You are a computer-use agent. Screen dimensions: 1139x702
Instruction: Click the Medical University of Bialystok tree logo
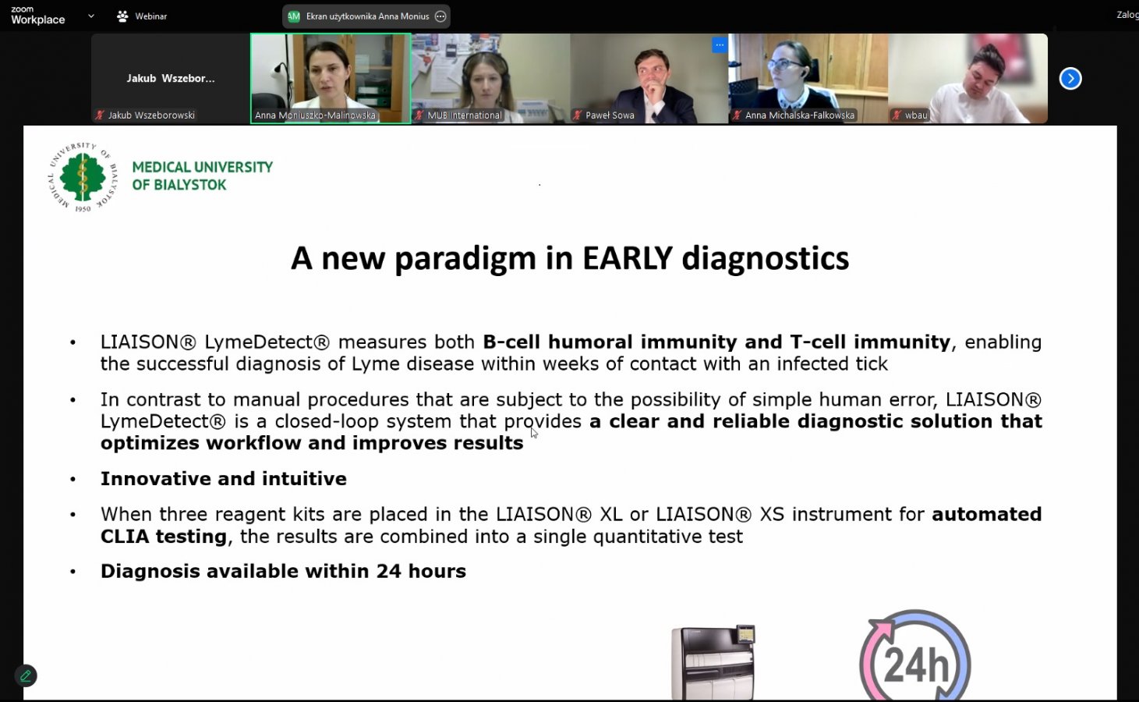pos(83,177)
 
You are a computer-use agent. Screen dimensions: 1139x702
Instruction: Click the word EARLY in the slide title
pos(628,258)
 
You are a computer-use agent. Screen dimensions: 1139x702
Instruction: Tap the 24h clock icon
pos(915,656)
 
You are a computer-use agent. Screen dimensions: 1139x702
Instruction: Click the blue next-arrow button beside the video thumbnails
pos(1070,78)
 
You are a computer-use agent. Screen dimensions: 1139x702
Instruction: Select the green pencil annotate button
pos(26,675)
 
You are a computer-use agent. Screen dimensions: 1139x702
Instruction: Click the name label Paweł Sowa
pos(610,115)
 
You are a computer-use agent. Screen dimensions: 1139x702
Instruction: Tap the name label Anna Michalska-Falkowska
pos(799,115)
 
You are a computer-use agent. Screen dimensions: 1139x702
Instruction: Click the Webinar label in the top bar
pos(150,16)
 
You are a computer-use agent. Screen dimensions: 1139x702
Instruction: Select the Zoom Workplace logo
pos(37,16)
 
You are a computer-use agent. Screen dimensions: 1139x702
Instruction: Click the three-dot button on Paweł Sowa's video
pos(720,44)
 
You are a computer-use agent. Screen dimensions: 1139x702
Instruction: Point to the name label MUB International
pos(464,115)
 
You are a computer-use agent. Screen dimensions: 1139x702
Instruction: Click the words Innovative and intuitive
pos(224,479)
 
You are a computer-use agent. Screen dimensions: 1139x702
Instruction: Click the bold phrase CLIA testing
pos(164,536)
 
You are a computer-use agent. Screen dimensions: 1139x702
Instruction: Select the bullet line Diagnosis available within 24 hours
pos(283,571)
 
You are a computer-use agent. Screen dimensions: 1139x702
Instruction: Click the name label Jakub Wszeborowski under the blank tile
pos(151,115)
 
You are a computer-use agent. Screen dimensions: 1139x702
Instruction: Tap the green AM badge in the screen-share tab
pos(294,16)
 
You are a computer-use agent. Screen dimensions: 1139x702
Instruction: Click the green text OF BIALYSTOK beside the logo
pos(179,185)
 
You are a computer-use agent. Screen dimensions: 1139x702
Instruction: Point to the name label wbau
pos(916,115)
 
